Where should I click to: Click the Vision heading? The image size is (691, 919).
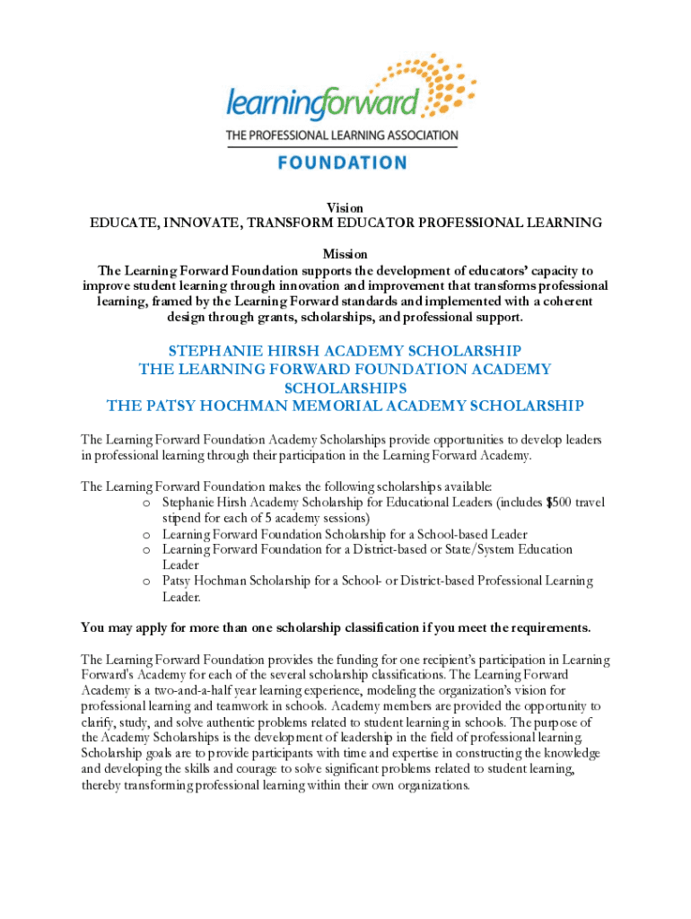click(345, 207)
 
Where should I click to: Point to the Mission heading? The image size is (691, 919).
click(345, 255)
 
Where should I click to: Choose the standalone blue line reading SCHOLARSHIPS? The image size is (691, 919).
click(345, 388)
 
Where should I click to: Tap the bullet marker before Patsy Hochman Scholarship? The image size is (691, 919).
click(146, 582)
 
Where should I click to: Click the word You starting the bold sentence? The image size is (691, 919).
click(92, 626)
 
